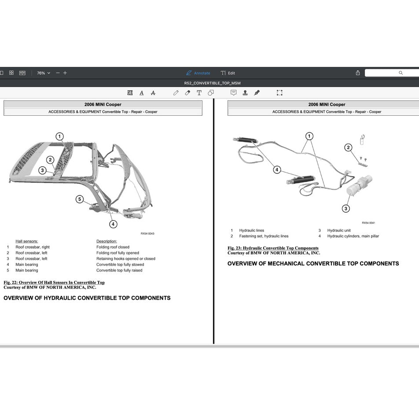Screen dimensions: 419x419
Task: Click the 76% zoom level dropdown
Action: point(43,73)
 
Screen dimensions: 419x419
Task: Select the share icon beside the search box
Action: point(358,73)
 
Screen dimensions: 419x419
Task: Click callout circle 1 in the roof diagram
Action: point(59,136)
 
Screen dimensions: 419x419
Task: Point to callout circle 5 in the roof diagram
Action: point(80,199)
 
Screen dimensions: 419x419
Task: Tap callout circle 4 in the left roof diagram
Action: point(114,224)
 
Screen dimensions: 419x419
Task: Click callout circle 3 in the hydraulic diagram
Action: point(346,208)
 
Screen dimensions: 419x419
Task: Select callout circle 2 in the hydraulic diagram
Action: point(348,147)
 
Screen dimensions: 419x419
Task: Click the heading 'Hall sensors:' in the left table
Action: point(27,241)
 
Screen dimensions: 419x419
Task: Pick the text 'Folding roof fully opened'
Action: point(118,253)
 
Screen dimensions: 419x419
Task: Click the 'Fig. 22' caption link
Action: point(54,283)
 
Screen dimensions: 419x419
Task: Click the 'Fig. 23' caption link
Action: point(273,248)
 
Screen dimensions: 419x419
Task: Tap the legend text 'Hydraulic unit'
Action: point(339,231)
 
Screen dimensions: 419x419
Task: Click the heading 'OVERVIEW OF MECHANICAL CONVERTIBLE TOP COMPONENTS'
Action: point(313,264)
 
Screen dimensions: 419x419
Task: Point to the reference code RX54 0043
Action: point(147,234)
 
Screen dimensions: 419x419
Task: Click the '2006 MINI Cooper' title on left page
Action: point(103,105)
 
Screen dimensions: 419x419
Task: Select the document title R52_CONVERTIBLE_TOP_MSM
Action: point(212,83)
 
